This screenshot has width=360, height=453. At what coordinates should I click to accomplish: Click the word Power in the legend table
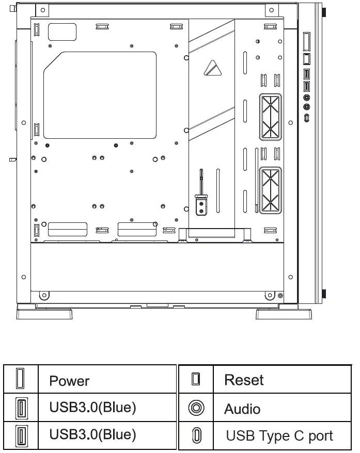[x=69, y=381]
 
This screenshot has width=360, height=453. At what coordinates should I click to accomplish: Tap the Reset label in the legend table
[x=244, y=380]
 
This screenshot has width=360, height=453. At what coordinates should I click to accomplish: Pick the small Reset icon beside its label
[x=195, y=379]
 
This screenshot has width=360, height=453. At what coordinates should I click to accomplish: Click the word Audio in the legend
[x=242, y=409]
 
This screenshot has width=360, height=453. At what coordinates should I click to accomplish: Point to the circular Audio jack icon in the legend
[x=196, y=408]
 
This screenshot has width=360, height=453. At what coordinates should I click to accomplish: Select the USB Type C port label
[x=279, y=436]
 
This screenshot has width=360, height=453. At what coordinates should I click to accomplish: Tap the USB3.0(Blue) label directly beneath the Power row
[x=92, y=408]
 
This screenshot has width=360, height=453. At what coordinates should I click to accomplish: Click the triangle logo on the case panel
[x=211, y=67]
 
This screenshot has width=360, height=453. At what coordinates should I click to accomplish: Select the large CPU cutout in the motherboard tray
[x=100, y=94]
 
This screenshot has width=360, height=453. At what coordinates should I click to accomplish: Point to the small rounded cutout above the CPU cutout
[x=62, y=31]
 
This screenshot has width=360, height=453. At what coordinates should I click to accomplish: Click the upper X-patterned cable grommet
[x=270, y=117]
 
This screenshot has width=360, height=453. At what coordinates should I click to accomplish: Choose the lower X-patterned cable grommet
[x=270, y=191]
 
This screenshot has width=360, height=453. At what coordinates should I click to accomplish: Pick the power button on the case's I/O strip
[x=307, y=41]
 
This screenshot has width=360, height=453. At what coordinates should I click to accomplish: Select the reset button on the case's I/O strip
[x=307, y=58]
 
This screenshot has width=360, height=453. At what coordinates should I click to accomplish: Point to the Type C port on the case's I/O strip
[x=307, y=118]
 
